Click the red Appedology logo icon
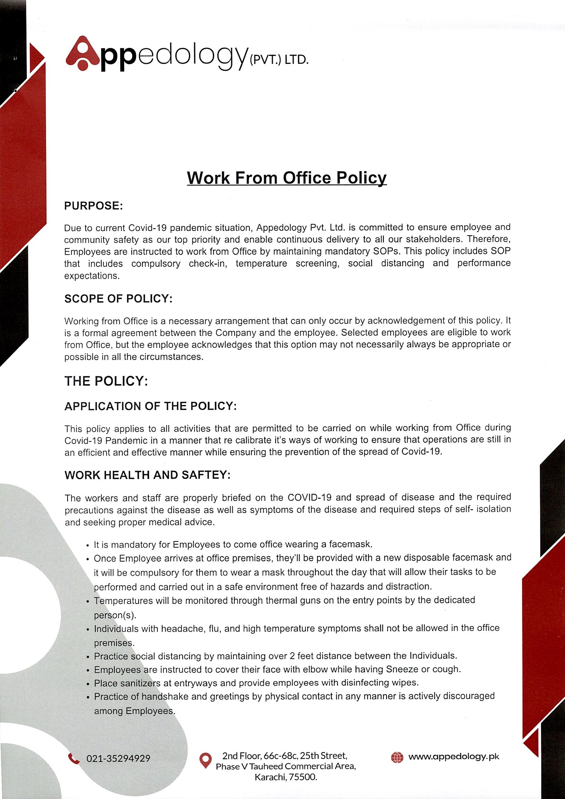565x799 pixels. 83,53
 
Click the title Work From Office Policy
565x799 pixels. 287,178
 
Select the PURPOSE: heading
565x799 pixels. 94,206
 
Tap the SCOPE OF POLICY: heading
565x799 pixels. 118,298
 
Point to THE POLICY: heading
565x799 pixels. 106,381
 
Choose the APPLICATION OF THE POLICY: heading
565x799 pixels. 150,406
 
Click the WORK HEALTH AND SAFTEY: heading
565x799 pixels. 148,475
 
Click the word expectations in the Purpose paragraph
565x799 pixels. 92,276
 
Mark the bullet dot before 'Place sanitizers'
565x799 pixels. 88,683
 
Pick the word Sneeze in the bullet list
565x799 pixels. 402,669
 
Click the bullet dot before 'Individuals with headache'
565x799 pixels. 88,629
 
